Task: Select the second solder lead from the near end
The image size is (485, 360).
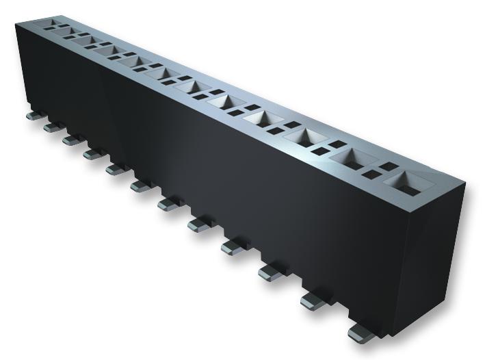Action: coord(312,299)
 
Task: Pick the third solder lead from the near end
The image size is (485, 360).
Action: coord(271,272)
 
